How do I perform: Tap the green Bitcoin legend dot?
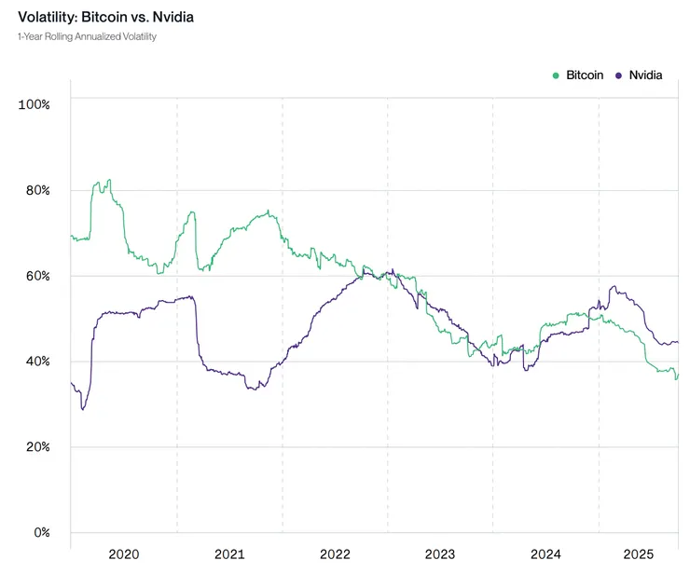(x=557, y=75)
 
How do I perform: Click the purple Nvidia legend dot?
(x=618, y=75)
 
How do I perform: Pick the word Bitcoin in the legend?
(x=585, y=75)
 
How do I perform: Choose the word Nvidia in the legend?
(x=645, y=75)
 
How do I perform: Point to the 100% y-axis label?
(x=34, y=103)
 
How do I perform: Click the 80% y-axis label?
(x=36, y=189)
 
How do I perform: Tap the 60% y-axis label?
(x=36, y=275)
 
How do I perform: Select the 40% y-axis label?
(x=36, y=361)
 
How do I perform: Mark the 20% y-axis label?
(x=36, y=446)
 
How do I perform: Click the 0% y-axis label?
(x=40, y=532)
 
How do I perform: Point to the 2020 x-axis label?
(x=123, y=554)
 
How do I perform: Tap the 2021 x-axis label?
(x=229, y=554)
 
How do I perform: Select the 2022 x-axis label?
(x=335, y=554)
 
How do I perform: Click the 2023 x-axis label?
(x=440, y=554)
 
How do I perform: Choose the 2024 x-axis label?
(x=545, y=554)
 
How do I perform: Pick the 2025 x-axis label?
(x=639, y=554)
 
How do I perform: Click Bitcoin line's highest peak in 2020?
(x=109, y=180)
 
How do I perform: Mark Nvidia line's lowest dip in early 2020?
(x=82, y=409)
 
